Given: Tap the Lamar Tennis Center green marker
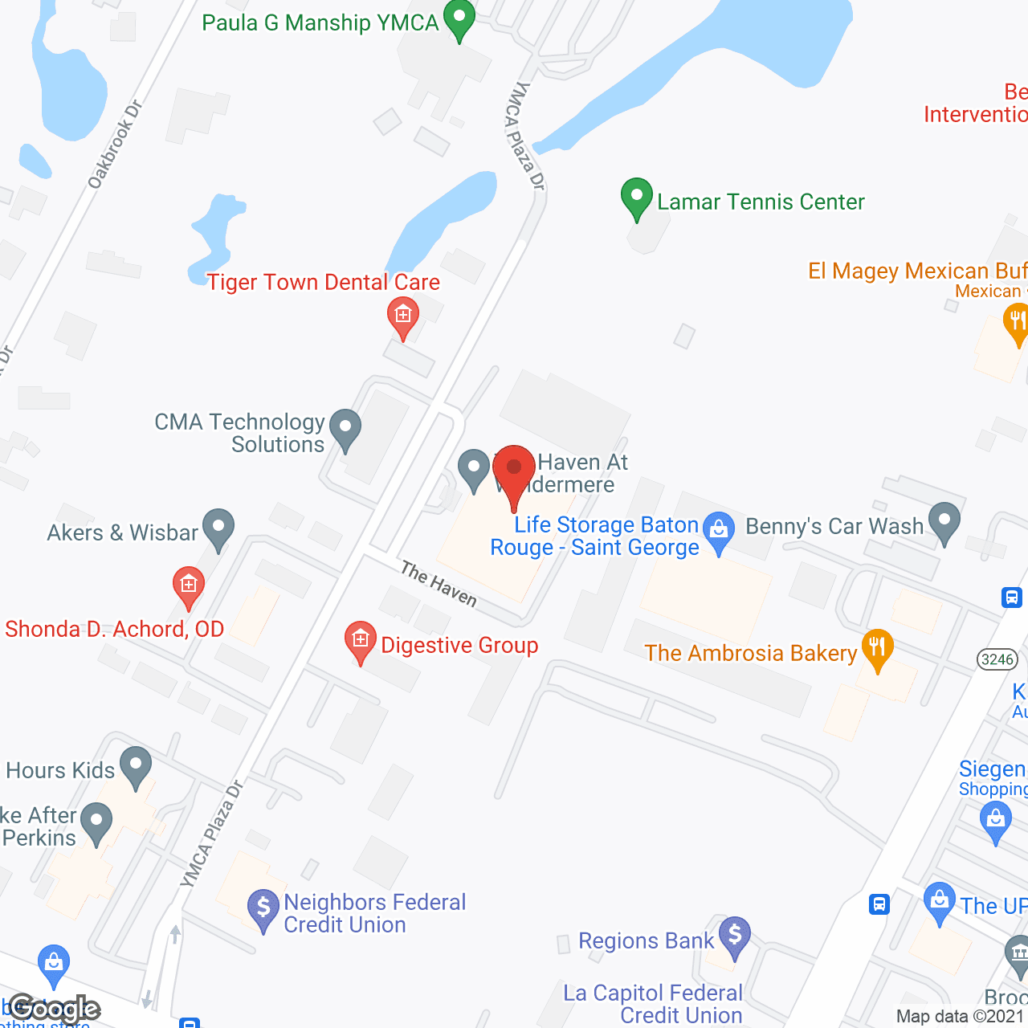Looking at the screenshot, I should pyautogui.click(x=637, y=197).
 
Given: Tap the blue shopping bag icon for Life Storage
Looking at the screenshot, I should pyautogui.click(x=719, y=531).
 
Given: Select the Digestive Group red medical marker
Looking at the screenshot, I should pyautogui.click(x=361, y=640).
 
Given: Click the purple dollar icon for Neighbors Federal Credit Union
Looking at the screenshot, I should pyautogui.click(x=263, y=908).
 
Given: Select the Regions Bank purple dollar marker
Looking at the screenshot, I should pyautogui.click(x=734, y=936).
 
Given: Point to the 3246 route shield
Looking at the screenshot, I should pyautogui.click(x=997, y=659).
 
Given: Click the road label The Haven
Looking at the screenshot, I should pyautogui.click(x=439, y=584).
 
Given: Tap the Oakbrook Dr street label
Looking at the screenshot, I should pyautogui.click(x=114, y=145).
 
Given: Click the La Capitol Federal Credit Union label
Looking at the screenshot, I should pyautogui.click(x=653, y=1004).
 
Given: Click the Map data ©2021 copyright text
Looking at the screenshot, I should pyautogui.click(x=961, y=1016).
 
